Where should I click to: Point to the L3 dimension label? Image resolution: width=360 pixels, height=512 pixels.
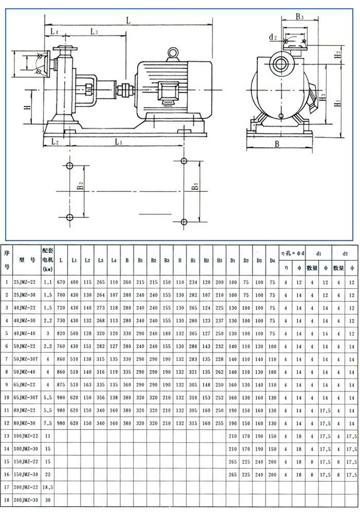pos(95,32)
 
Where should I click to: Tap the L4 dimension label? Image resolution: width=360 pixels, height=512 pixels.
pos(55,32)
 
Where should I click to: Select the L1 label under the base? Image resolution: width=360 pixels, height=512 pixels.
pos(118,141)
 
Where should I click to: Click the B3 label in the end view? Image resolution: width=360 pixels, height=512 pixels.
pos(300,17)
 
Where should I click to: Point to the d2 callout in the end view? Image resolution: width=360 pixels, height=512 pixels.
pos(273,38)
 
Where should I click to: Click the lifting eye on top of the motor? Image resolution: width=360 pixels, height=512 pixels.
pos(172,53)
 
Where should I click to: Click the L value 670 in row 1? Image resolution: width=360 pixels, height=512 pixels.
pos(62,282)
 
